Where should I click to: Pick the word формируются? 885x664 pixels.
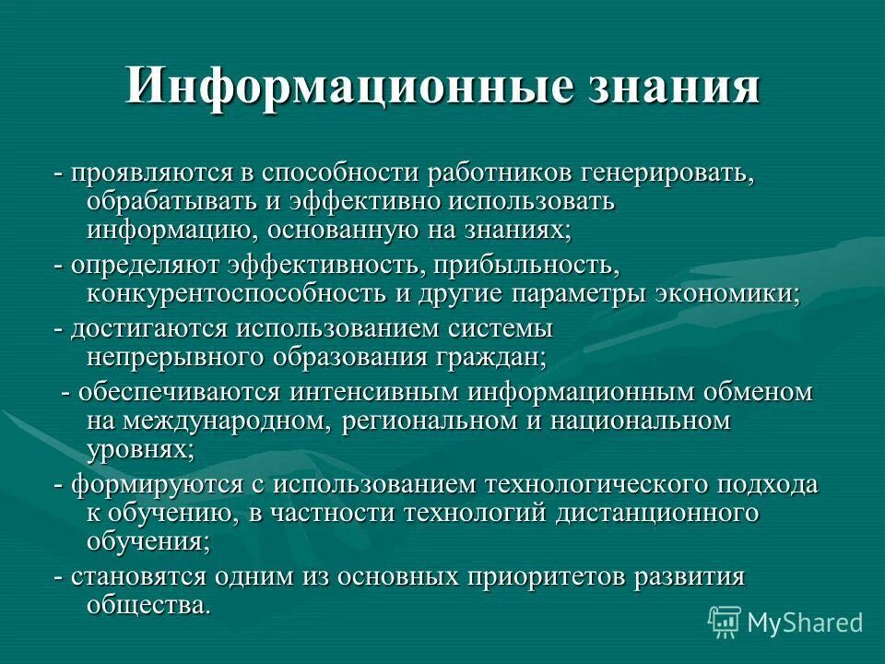coord(150,484)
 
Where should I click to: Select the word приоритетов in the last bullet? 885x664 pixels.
coord(552,576)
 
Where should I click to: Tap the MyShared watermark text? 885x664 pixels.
coord(805,622)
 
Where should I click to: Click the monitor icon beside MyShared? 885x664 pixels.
coord(726,621)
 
